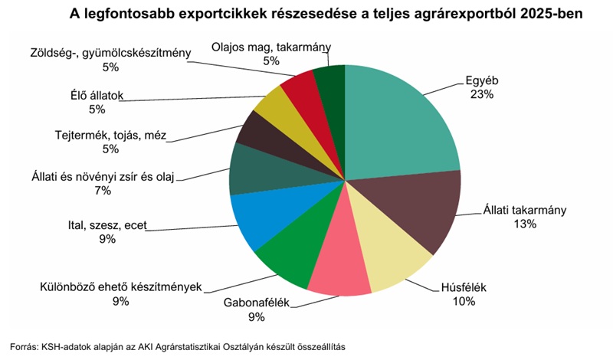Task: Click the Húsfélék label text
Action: click(464, 288)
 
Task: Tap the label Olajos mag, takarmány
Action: click(270, 47)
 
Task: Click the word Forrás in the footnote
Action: click(24, 346)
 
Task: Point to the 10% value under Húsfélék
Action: click(464, 302)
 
